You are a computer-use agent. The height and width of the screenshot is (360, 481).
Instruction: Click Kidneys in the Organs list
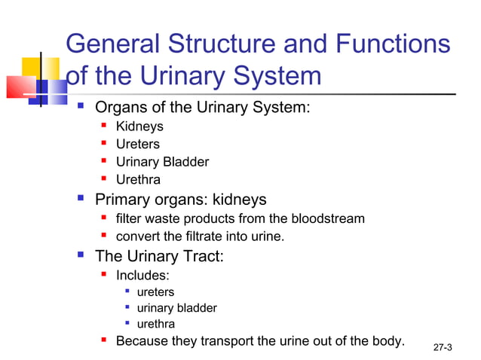tap(139, 127)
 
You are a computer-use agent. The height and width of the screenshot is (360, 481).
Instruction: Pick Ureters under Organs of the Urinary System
tap(137, 144)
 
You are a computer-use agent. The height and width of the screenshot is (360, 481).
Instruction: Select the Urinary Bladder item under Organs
tap(162, 162)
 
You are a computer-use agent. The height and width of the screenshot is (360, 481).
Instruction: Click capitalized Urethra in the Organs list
tap(138, 180)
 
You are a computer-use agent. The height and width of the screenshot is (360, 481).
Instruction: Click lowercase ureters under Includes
tap(155, 291)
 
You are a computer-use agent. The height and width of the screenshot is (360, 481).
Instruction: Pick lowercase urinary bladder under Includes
tap(176, 308)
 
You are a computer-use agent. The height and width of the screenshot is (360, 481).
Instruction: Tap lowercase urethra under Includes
tap(155, 325)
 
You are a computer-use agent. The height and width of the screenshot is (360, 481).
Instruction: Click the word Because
tap(142, 341)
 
